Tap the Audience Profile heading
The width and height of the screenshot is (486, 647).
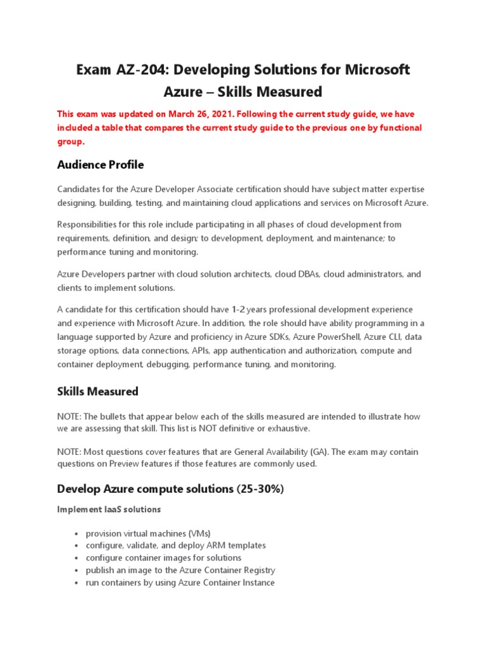(x=101, y=165)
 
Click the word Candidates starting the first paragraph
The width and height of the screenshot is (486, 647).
(x=80, y=190)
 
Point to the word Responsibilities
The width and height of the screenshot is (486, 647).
(x=89, y=225)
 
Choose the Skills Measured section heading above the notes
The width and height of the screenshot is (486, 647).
(x=97, y=392)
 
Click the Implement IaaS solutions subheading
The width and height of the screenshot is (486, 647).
(x=109, y=509)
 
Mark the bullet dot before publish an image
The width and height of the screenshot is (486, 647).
(x=77, y=571)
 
